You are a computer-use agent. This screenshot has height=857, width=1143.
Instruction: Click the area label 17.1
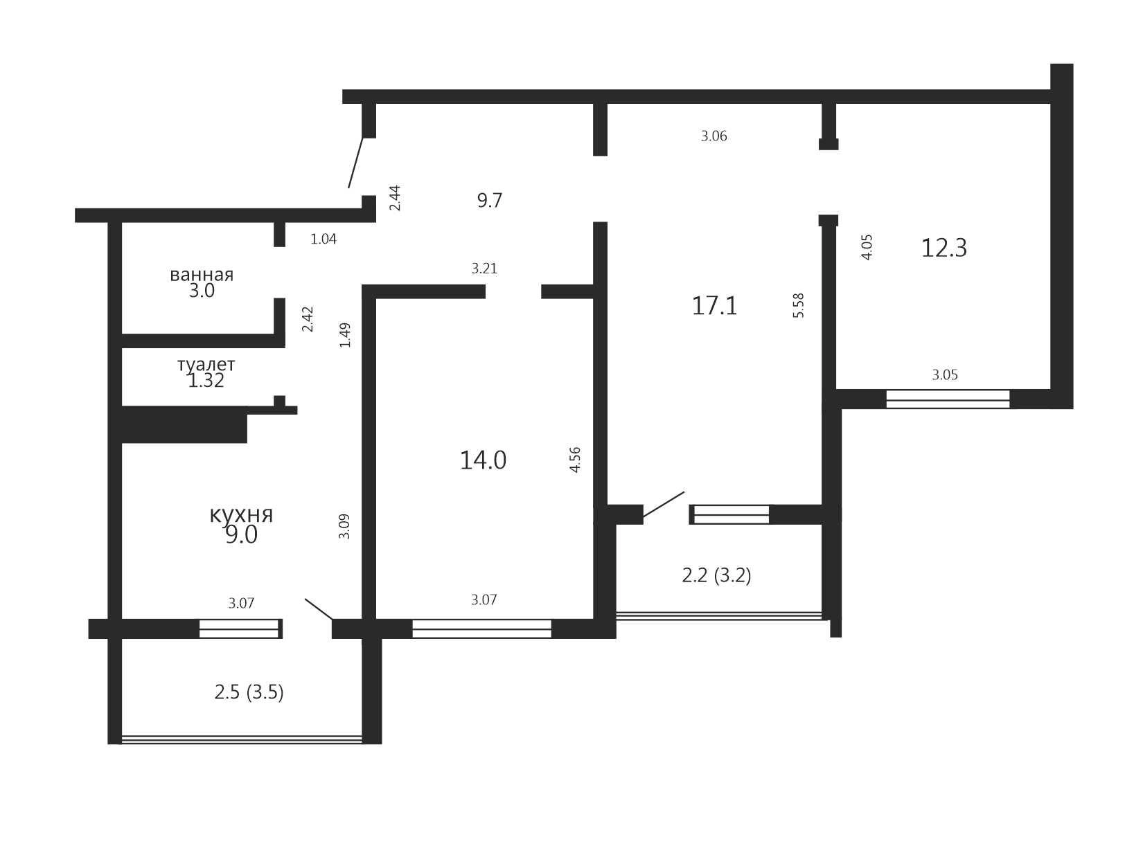click(x=714, y=306)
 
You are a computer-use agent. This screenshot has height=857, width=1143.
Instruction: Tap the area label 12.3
click(x=943, y=249)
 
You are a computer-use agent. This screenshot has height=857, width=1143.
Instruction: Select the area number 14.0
click(x=483, y=460)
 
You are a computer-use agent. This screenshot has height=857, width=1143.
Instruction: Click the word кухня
click(x=241, y=514)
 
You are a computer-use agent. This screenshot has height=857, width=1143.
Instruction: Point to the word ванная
click(x=202, y=275)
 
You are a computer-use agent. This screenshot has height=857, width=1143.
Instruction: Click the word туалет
click(x=206, y=365)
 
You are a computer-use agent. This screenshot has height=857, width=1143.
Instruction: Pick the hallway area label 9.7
click(x=490, y=200)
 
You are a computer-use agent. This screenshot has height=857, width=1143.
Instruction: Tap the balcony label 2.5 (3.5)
click(x=249, y=692)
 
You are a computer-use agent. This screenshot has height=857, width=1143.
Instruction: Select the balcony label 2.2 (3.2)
click(x=716, y=575)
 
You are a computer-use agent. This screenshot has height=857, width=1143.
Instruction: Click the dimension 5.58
click(x=798, y=305)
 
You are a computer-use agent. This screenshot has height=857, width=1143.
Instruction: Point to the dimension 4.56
click(x=575, y=460)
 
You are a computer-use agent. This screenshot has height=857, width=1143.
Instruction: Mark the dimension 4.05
click(x=867, y=247)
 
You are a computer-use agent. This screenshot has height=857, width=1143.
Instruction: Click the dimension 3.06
click(x=714, y=136)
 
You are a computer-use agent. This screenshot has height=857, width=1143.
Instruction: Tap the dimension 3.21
click(x=484, y=269)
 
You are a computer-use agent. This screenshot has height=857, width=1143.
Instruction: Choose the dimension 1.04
click(x=324, y=240)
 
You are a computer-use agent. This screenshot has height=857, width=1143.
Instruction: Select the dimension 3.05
click(x=945, y=375)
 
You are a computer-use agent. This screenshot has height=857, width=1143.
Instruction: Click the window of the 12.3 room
click(x=948, y=399)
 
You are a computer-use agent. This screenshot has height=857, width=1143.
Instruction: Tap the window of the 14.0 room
click(x=481, y=629)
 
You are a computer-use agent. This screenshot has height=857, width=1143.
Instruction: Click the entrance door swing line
click(x=355, y=163)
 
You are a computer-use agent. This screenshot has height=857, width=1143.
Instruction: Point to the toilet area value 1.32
click(x=206, y=381)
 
